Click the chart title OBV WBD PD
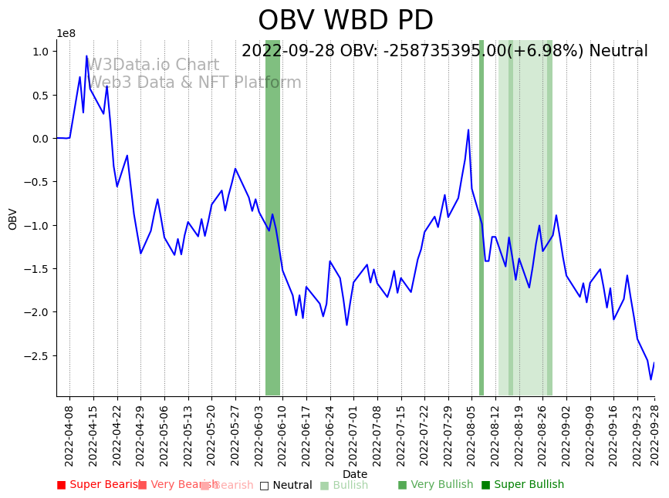coord(346,21)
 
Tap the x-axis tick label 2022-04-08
coord(69,432)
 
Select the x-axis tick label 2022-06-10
coord(282,432)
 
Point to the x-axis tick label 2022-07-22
coord(424,432)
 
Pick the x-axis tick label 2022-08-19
coord(519,432)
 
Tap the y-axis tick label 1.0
coord(40,52)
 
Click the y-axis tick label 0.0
coord(40,139)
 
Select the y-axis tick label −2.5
coord(37,356)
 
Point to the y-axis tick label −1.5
coord(37,269)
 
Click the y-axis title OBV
coord(13,218)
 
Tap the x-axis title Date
coord(355,475)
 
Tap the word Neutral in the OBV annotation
coord(618,52)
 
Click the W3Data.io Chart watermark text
coord(154,66)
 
